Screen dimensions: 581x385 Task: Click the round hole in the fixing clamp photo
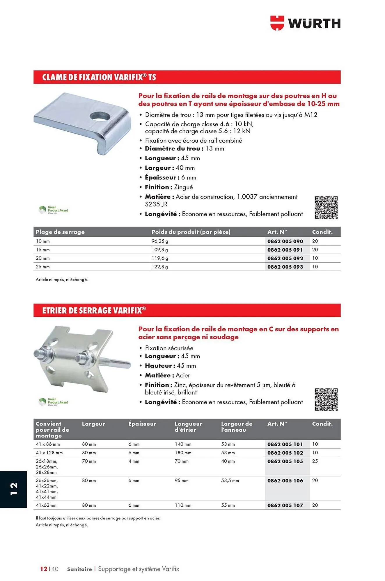tap(100, 116)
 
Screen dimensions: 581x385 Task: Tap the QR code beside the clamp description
tap(326, 207)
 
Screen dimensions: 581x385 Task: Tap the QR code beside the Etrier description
tap(326, 399)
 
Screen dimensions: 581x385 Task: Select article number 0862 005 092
tap(285, 258)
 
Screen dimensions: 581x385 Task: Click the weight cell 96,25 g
tap(160, 241)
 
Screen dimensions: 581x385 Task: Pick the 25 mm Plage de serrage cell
tap(43, 267)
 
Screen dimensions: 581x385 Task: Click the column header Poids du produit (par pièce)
tap(191, 232)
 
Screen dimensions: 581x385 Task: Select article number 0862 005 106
tap(285, 481)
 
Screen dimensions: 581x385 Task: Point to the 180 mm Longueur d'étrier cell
tap(183, 453)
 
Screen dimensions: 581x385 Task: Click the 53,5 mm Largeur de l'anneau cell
tap(230, 481)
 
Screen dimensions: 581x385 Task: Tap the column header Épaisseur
tap(142, 424)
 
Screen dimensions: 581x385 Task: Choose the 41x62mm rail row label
tap(46, 505)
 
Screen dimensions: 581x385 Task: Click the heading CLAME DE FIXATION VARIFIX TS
tap(99, 77)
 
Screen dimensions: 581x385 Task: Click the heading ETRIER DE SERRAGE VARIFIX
tap(94, 310)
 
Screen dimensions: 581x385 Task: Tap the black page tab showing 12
tap(13, 489)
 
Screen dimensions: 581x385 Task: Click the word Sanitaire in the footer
tap(79, 569)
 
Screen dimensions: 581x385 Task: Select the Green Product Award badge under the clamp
tap(53, 210)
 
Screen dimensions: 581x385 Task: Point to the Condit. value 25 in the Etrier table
tap(315, 461)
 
